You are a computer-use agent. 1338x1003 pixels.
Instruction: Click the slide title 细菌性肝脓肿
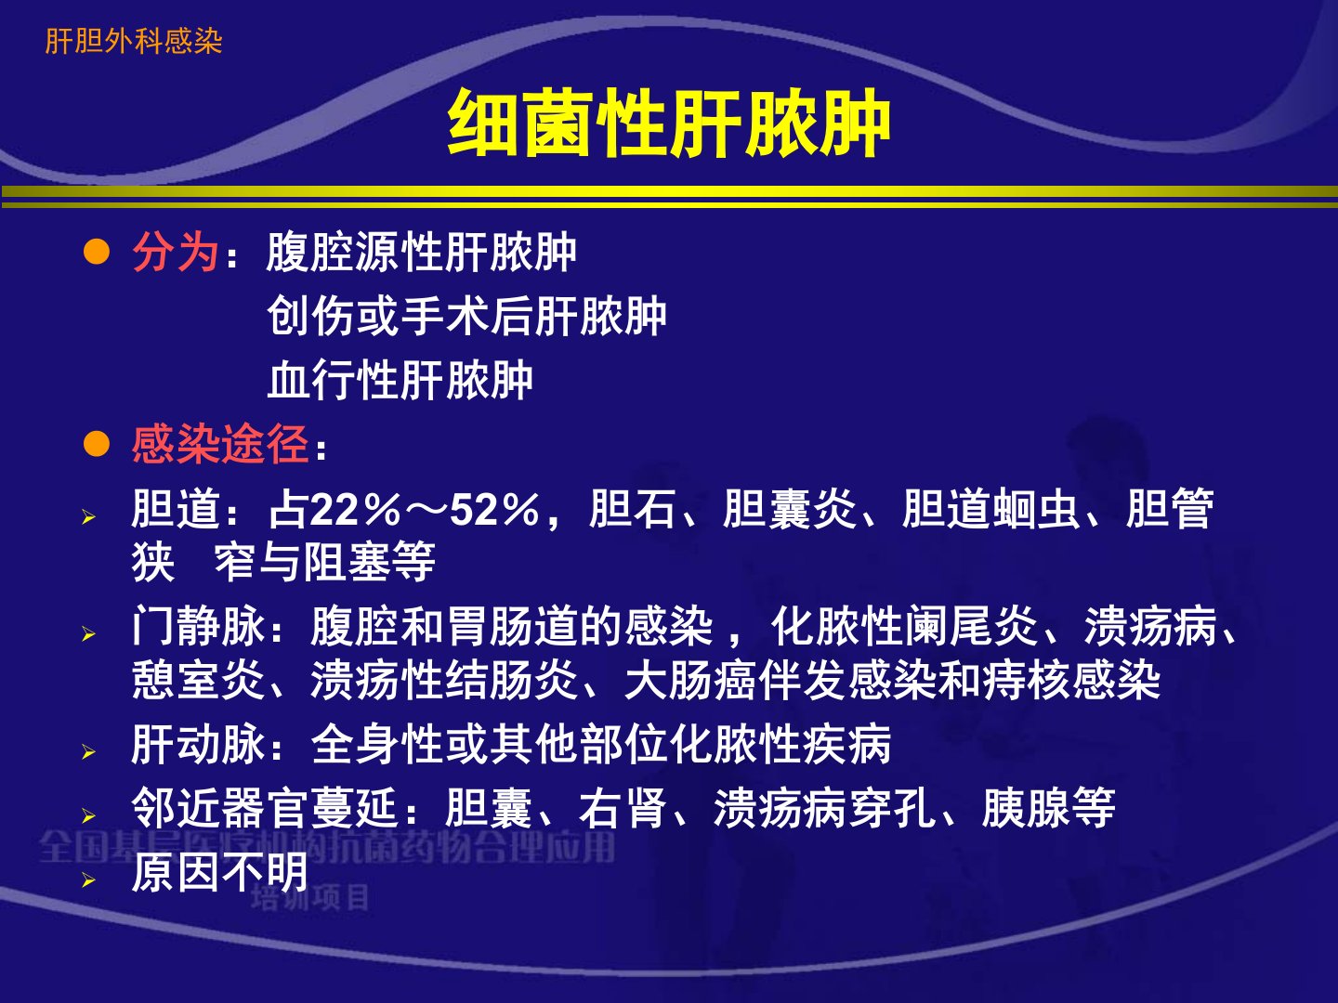(x=669, y=123)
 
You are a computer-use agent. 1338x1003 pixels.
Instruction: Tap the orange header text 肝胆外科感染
(x=134, y=42)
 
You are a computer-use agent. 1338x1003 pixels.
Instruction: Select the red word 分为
(x=176, y=252)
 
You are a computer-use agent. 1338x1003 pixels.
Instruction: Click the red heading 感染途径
(x=220, y=444)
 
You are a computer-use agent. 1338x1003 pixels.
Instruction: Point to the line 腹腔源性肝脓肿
(x=421, y=252)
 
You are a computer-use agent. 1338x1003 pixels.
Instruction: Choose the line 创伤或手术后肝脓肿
(x=466, y=317)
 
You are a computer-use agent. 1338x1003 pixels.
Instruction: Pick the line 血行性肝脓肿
(x=400, y=380)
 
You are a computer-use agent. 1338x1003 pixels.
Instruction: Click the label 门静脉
(x=198, y=626)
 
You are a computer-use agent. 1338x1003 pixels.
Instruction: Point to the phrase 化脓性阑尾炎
(x=904, y=626)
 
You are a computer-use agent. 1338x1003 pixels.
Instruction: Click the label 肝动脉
(x=198, y=744)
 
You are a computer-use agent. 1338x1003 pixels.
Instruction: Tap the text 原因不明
(x=219, y=873)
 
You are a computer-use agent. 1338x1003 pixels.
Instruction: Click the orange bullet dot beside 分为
(x=97, y=252)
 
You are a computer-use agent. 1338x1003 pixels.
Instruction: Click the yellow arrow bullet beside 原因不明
(x=89, y=880)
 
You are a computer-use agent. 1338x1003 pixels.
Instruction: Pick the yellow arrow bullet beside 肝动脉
(x=89, y=752)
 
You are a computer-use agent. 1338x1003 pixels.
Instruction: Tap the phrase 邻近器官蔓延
(x=265, y=808)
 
